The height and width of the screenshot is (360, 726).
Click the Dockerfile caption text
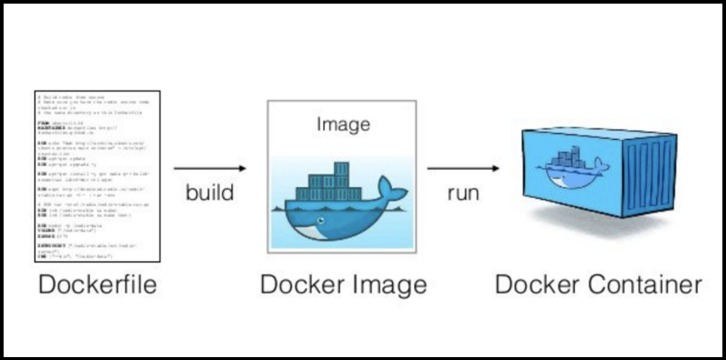[97, 284]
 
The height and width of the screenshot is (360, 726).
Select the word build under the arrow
[210, 193]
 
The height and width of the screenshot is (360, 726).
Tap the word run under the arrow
[463, 193]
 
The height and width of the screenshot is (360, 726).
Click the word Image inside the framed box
[343, 124]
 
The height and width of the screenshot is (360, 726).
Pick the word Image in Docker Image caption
[388, 284]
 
